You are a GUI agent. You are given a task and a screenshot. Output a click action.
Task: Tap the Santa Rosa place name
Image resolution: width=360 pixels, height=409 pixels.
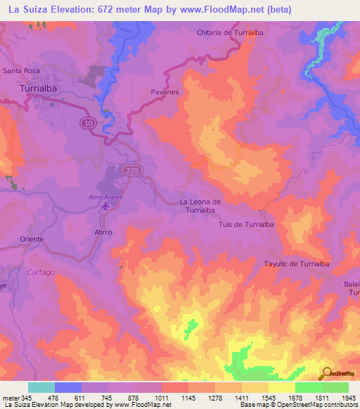(21, 70)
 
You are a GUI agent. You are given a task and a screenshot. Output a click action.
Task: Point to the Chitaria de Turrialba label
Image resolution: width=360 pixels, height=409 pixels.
(226, 32)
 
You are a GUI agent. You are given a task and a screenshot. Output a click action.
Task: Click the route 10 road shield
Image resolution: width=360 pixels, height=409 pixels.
(85, 122)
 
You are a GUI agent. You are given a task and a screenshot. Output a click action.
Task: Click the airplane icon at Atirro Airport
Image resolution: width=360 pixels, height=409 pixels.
(105, 207)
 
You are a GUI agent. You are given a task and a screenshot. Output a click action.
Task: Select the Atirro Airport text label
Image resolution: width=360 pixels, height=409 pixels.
(105, 197)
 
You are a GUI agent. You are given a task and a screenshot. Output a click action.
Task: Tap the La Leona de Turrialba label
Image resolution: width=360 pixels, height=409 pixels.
(201, 207)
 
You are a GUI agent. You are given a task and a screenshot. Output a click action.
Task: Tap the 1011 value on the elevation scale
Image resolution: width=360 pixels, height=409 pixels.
(162, 398)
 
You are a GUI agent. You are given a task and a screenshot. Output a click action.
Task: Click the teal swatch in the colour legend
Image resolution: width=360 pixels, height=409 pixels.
(41, 387)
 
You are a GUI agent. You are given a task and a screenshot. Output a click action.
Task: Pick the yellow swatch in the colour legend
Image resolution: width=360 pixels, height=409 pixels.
(281, 387)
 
